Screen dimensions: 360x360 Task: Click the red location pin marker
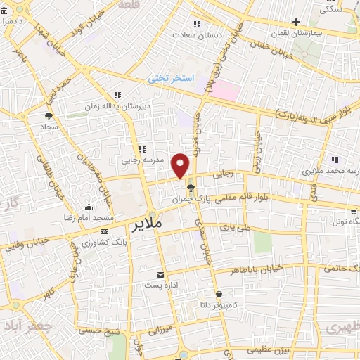click(x=181, y=165)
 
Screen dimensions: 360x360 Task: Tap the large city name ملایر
click(x=146, y=224)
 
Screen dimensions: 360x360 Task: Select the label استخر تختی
click(x=169, y=79)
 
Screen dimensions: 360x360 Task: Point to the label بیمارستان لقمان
click(x=316, y=33)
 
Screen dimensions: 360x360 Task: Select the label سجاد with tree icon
click(x=48, y=126)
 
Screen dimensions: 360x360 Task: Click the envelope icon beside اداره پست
click(x=162, y=274)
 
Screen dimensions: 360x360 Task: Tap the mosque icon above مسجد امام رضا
click(x=89, y=207)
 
